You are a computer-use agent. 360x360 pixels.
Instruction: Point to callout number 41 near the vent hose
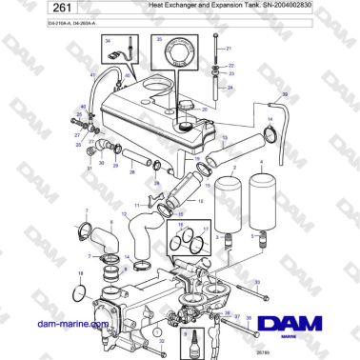(x=91, y=73)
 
